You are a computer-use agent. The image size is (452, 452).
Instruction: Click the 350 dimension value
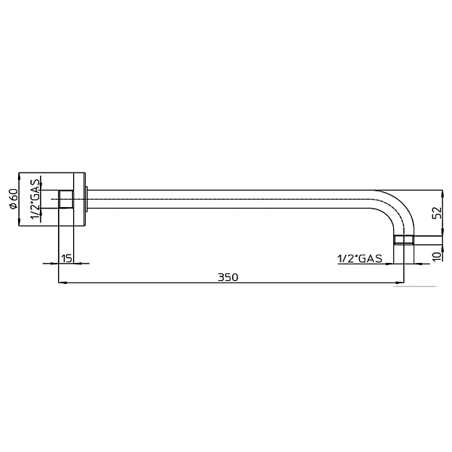(x=228, y=277)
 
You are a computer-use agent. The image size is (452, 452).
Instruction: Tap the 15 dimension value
(x=66, y=258)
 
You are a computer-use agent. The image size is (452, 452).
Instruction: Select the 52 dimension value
(x=437, y=212)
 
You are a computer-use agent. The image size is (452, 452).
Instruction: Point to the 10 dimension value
(x=437, y=256)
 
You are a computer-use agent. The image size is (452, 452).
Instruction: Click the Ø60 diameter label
(x=14, y=199)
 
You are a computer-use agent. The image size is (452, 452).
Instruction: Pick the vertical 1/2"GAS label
(x=35, y=199)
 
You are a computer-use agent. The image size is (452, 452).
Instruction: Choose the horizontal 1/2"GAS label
(x=360, y=258)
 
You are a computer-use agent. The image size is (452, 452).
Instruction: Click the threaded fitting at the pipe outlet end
(x=404, y=240)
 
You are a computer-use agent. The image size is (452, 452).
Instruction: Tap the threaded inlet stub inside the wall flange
(x=66, y=199)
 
